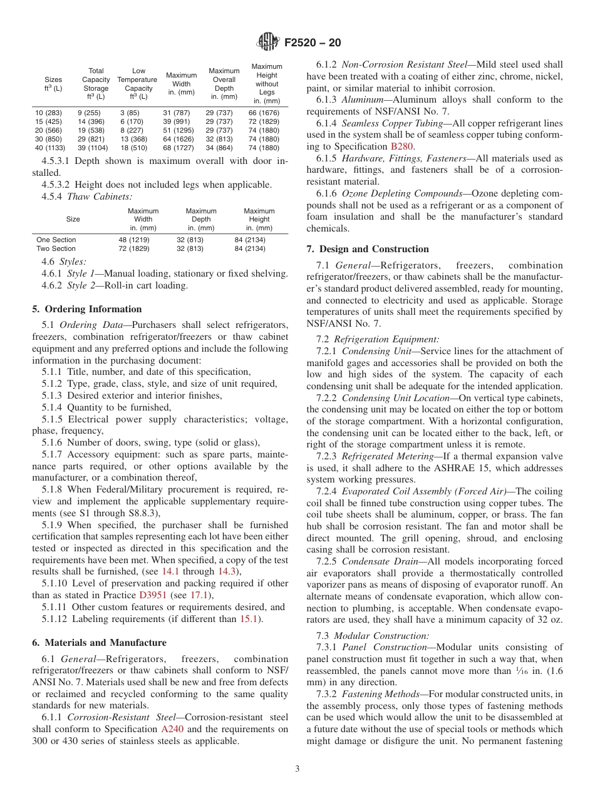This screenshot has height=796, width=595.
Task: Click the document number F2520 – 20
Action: (x=312, y=43)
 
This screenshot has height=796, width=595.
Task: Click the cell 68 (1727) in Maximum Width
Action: (x=179, y=148)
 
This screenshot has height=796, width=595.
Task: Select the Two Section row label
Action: (x=56, y=248)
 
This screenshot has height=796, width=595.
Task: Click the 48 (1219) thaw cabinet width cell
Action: (x=134, y=240)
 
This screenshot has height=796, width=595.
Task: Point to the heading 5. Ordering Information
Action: (x=86, y=309)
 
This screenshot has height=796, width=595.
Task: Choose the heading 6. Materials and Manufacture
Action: (x=99, y=643)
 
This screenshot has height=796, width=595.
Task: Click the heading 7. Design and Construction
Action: (x=368, y=249)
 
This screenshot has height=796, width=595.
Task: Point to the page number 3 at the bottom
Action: (x=297, y=769)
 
